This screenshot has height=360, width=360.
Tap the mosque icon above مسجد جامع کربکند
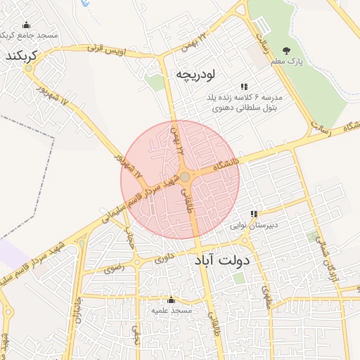click(x=27, y=25)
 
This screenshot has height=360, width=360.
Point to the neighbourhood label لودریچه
click(x=198, y=73)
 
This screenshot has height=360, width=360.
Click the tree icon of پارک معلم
click(x=286, y=50)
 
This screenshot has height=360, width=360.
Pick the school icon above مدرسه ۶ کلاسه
click(x=244, y=86)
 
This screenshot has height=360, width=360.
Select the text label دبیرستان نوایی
click(x=257, y=225)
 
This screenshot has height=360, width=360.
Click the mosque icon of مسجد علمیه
click(x=171, y=300)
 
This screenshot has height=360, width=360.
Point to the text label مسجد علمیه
click(x=172, y=310)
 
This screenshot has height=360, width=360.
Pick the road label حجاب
click(x=130, y=242)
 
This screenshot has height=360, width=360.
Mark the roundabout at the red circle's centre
click(x=184, y=177)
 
